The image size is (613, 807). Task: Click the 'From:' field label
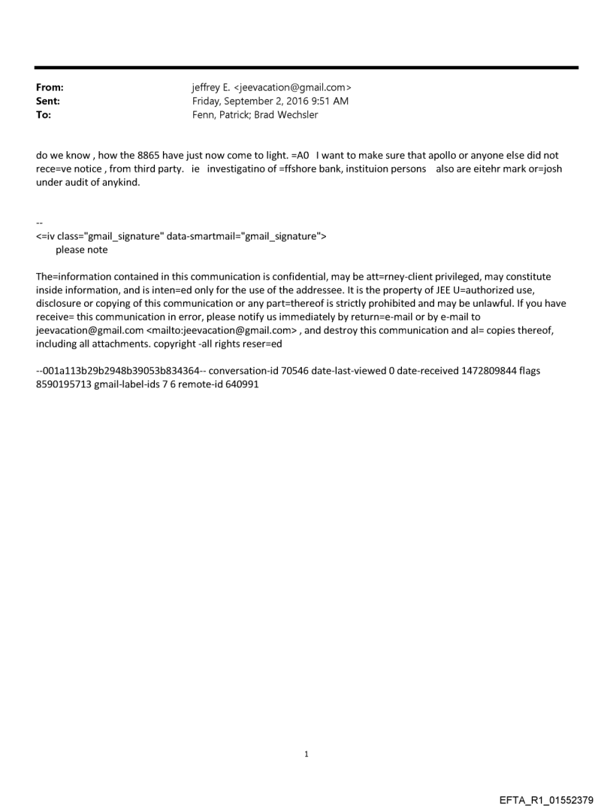coord(50,88)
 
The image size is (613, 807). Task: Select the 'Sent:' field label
coord(48,101)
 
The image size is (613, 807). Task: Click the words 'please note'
coord(81,249)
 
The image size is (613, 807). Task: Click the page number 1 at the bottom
coord(306,753)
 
